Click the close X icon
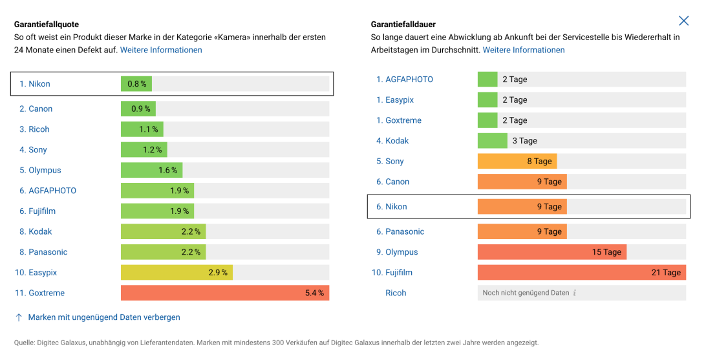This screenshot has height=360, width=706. (683, 21)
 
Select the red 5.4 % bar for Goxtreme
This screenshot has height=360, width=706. (224, 293)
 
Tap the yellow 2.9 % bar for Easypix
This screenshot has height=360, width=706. (176, 273)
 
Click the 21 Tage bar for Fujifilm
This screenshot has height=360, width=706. (581, 273)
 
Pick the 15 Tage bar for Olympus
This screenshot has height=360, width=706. (551, 252)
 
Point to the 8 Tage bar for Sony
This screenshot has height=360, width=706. (517, 162)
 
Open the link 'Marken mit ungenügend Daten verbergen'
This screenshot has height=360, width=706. (104, 317)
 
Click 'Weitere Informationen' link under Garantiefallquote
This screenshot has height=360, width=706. (161, 50)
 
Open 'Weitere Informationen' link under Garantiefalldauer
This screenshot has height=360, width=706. (524, 50)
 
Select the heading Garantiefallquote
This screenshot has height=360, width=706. (47, 25)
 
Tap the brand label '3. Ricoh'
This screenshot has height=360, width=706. (34, 129)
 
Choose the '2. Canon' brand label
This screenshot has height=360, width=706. (36, 109)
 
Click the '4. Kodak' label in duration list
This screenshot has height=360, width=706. (392, 141)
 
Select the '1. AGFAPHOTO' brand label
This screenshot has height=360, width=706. (405, 79)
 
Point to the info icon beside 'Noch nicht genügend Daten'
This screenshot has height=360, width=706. (575, 293)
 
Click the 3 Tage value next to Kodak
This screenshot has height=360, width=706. (524, 141)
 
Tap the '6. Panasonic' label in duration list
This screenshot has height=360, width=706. (400, 231)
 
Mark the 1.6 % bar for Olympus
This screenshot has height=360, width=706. (151, 171)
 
